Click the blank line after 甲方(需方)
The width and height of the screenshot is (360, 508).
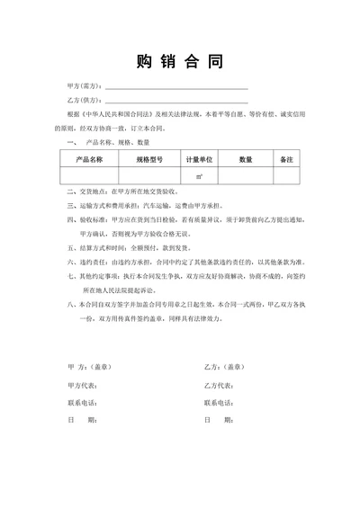[176, 88]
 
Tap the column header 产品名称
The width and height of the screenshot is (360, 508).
[90, 158]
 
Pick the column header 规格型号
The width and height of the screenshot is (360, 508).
[149, 158]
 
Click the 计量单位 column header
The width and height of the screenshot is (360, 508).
[200, 158]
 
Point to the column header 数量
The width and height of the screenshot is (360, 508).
[246, 158]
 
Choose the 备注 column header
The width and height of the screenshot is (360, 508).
[286, 158]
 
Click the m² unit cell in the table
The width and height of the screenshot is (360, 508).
[200, 175]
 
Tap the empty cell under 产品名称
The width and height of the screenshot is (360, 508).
[90, 175]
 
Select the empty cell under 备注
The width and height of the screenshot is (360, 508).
[286, 175]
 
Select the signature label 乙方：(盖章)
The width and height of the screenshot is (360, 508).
[224, 368]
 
